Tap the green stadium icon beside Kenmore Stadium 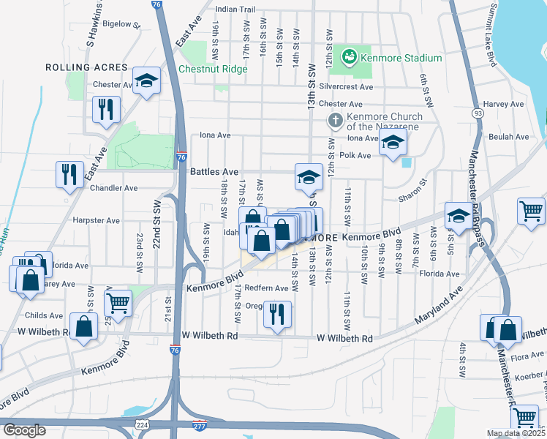pyautogui.click(x=350, y=56)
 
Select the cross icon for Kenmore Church pyautogui.click(x=335, y=120)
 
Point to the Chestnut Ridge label pyautogui.click(x=213, y=70)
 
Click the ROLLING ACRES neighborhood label pyautogui.click(x=87, y=67)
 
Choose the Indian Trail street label pyautogui.click(x=235, y=10)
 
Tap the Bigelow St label pyautogui.click(x=121, y=24)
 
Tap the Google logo pyautogui.click(x=24, y=430)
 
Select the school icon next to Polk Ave pyautogui.click(x=393, y=144)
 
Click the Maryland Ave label pyautogui.click(x=441, y=307)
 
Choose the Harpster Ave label pyautogui.click(x=96, y=220)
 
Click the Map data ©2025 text pyautogui.click(x=516, y=433)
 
